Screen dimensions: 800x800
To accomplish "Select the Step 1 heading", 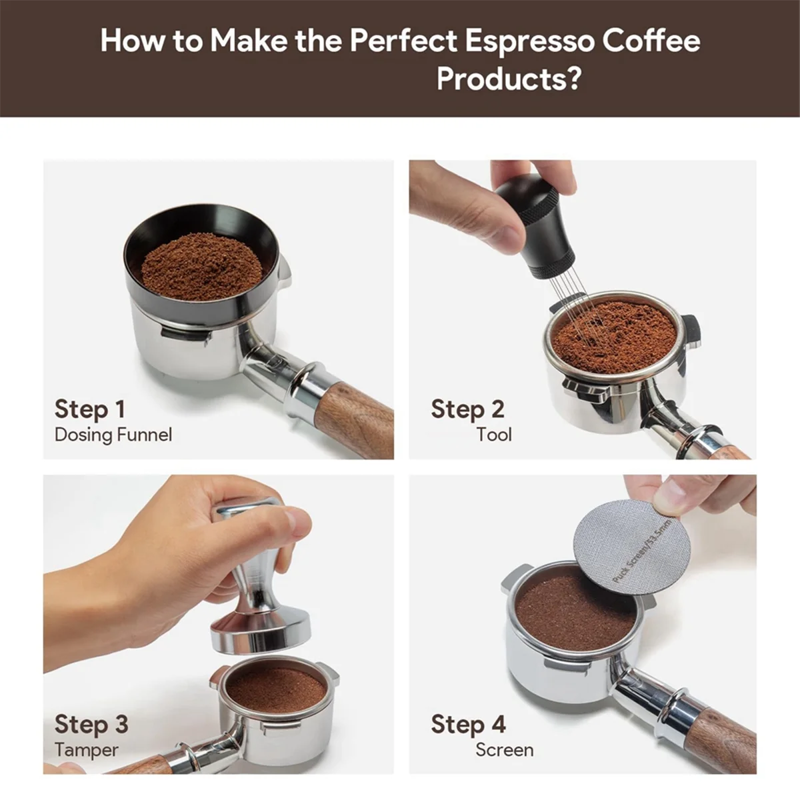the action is coord(90,410).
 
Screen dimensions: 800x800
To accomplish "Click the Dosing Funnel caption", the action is coord(113,435).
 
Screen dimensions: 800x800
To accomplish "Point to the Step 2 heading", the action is coord(467,410).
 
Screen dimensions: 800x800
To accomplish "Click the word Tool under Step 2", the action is coord(493,435).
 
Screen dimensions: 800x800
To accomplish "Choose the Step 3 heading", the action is coord(91,725).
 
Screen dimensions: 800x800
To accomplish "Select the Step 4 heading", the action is coord(468,725).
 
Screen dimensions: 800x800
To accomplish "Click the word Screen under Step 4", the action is coord(505,750).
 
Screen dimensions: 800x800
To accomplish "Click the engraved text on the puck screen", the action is coord(641,550).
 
